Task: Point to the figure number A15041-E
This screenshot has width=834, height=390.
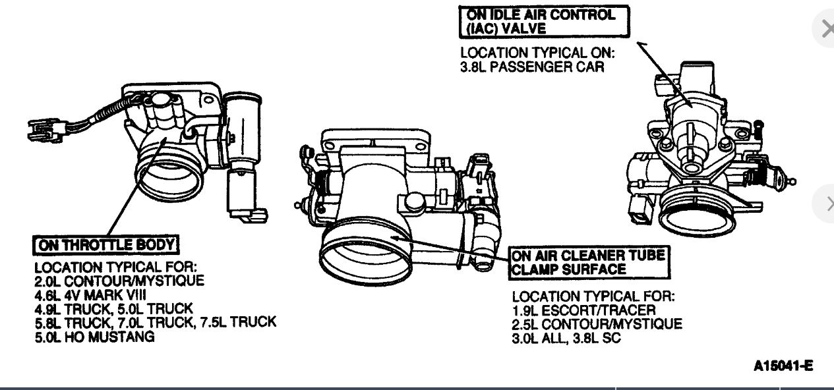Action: (783, 366)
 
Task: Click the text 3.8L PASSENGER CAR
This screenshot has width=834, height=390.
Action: (532, 67)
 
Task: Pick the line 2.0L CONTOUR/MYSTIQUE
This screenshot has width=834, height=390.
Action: (119, 281)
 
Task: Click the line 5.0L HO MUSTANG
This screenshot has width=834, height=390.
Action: (94, 337)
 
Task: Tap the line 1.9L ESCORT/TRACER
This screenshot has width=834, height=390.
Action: (583, 310)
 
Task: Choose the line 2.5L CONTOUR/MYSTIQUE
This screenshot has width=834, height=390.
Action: (597, 324)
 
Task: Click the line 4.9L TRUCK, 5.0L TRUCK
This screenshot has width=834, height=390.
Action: (113, 309)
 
